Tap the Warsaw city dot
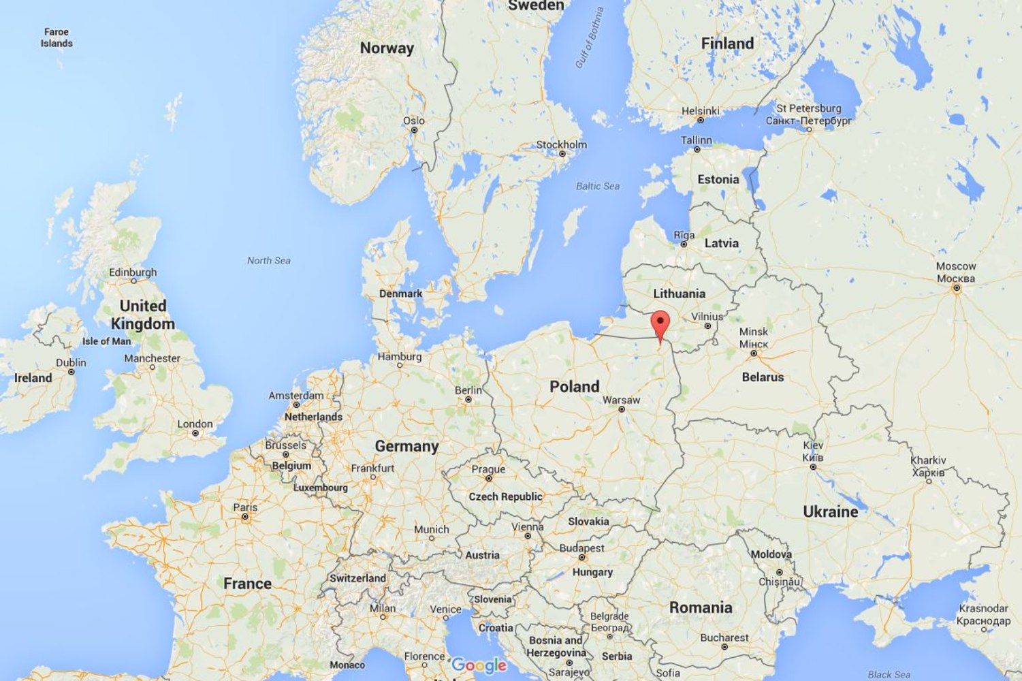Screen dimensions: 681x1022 point(622,409)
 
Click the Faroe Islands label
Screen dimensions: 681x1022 point(57,37)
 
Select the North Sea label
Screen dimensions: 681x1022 point(268,260)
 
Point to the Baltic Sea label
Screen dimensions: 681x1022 point(597,186)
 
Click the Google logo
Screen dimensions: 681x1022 point(479,665)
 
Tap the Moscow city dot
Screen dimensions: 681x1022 point(956,288)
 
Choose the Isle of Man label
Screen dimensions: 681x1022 point(106,341)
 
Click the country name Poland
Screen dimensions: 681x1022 point(574,387)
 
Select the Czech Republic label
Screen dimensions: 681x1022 point(505,496)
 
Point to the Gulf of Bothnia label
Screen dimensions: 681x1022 point(590,37)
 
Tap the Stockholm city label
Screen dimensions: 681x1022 point(561,144)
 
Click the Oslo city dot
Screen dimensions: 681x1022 point(413,130)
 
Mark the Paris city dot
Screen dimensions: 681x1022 point(245,517)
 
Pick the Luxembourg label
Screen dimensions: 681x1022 point(320,488)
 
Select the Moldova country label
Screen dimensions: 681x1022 point(771,554)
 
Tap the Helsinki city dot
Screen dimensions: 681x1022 point(700,121)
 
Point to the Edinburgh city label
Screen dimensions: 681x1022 point(133,272)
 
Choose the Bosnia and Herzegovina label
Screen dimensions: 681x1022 point(556,646)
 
